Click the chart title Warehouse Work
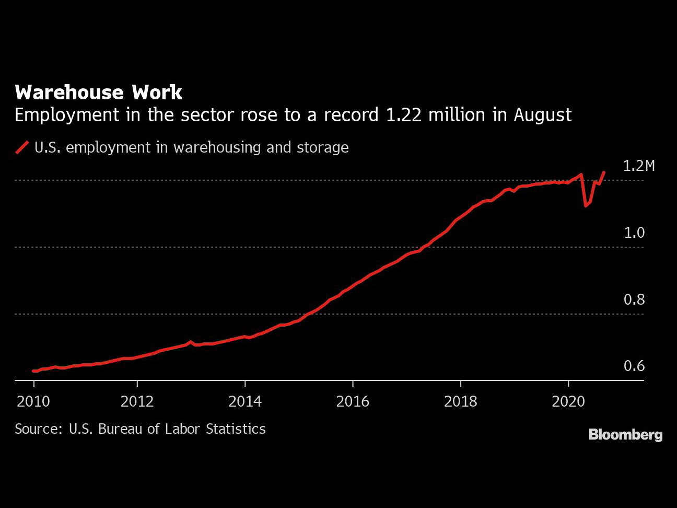click(x=98, y=92)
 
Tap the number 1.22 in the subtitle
click(x=403, y=115)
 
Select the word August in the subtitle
click(x=543, y=116)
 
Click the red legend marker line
click(x=22, y=147)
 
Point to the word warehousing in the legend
click(x=217, y=147)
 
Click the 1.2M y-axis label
click(x=639, y=166)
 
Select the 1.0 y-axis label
click(x=634, y=233)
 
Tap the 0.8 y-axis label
click(x=634, y=299)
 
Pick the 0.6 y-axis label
click(x=634, y=366)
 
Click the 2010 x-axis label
click(x=33, y=401)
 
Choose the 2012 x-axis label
click(x=137, y=401)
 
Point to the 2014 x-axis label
click(x=245, y=401)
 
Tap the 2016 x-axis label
click(x=353, y=401)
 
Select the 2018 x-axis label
click(x=461, y=401)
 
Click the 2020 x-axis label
click(x=568, y=401)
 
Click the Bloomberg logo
click(x=625, y=435)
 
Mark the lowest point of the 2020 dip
click(x=586, y=206)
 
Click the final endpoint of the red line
click(x=604, y=172)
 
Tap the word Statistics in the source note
click(x=236, y=429)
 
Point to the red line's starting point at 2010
click(x=33, y=371)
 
